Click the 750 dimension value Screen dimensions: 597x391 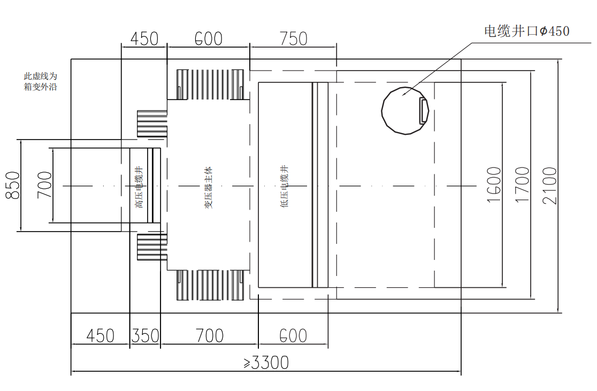click(x=293, y=39)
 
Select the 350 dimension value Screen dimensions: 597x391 click(x=146, y=336)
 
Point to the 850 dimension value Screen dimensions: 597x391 click(x=13, y=185)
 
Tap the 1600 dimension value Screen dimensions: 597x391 click(x=494, y=185)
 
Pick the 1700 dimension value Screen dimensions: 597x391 click(x=522, y=185)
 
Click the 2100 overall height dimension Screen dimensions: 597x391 click(x=549, y=186)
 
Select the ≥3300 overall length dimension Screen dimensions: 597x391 click(x=266, y=363)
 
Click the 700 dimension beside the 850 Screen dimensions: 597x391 click(x=44, y=185)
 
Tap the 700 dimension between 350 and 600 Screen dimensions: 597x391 click(x=209, y=336)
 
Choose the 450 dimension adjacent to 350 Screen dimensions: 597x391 click(x=100, y=336)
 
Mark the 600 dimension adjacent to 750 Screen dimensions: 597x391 click(x=208, y=39)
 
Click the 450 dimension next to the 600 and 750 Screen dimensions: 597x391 click(x=144, y=39)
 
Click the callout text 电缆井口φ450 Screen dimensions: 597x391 click(x=527, y=31)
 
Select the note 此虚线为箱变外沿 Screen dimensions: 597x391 click(x=40, y=81)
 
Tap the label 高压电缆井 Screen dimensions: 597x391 click(x=140, y=187)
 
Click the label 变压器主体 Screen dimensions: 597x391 click(x=209, y=187)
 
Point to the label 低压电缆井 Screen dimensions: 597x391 click(x=285, y=186)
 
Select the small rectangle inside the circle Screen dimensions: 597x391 click(x=423, y=110)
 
